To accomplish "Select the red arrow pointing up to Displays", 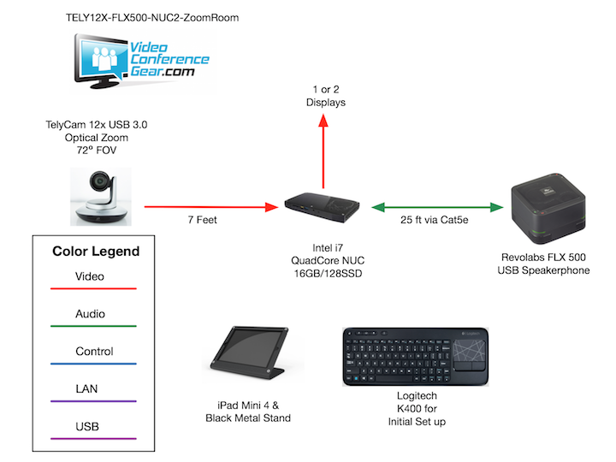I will pyautogui.click(x=323, y=155).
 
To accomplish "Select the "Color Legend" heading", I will pyautogui.click(x=96, y=252).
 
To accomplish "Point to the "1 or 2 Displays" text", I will pyautogui.click(x=324, y=96).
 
